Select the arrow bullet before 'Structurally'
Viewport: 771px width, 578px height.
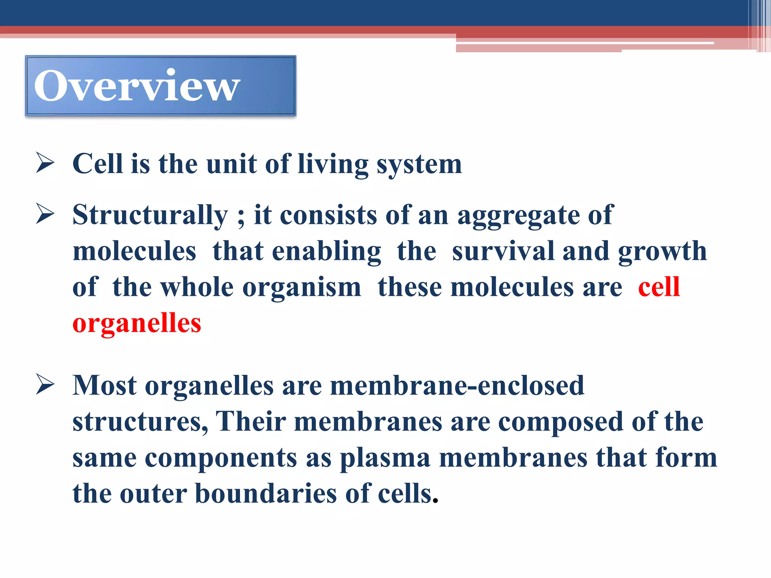45,213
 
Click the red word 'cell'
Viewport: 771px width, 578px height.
659,287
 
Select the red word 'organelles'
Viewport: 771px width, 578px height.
137,323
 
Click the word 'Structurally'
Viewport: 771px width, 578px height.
150,215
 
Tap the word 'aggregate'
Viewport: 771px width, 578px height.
518,216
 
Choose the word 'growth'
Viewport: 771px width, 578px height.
662,252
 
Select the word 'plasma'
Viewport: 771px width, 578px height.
385,458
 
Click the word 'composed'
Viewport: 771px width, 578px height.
561,422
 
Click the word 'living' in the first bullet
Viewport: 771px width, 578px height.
333,164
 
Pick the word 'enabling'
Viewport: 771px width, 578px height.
327,252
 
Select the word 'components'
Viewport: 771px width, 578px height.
221,458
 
